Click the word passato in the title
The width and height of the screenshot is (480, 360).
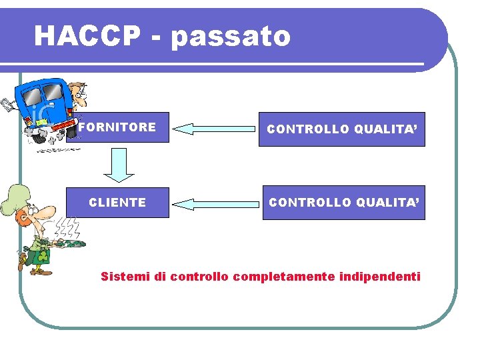[231, 37]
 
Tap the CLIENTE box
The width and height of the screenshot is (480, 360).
[117, 202]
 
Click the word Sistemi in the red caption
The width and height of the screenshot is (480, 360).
[123, 276]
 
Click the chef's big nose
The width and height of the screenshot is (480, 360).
[47, 212]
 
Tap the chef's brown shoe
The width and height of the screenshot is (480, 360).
[39, 271]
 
